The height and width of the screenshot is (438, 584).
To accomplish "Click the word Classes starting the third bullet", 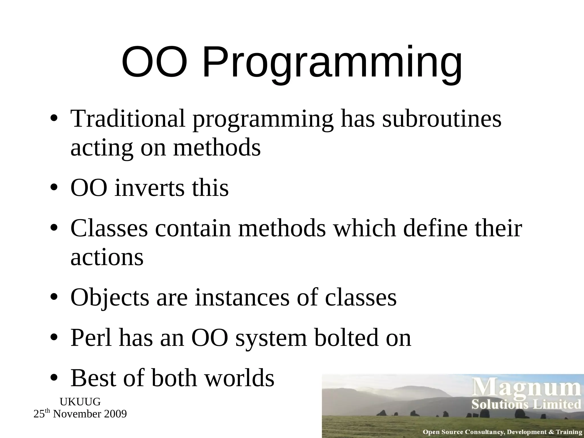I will pyautogui.click(x=109, y=228).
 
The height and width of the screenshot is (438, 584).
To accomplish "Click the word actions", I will pyautogui.click(x=107, y=257).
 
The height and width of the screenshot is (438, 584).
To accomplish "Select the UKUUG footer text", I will pyautogui.click(x=80, y=402).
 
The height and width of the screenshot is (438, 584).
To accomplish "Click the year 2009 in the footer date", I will pyautogui.click(x=115, y=414).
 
